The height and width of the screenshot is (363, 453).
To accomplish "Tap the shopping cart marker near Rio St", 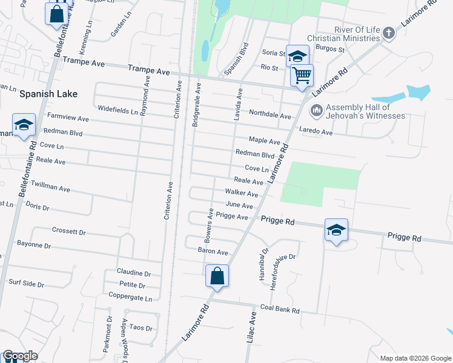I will pos(302,76).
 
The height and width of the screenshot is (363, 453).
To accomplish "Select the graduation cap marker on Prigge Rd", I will pos(336,230).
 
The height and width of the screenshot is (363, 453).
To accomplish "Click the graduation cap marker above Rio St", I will pos(297,57).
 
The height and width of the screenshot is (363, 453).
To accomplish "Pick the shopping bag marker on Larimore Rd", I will pos(217,276).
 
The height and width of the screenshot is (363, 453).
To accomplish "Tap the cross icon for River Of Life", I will pos(389,33).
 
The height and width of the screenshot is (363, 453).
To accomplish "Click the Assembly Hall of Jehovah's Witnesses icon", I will pos(316,111).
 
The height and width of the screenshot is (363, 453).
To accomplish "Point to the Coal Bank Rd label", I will pos(280,310).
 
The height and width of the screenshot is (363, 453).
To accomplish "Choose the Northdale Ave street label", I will pos(270,114).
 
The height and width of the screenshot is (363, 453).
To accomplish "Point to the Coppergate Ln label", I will pos(130,298).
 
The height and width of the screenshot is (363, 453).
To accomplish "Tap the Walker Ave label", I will pos(242,194).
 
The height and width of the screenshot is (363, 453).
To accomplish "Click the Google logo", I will pos(20,356).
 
